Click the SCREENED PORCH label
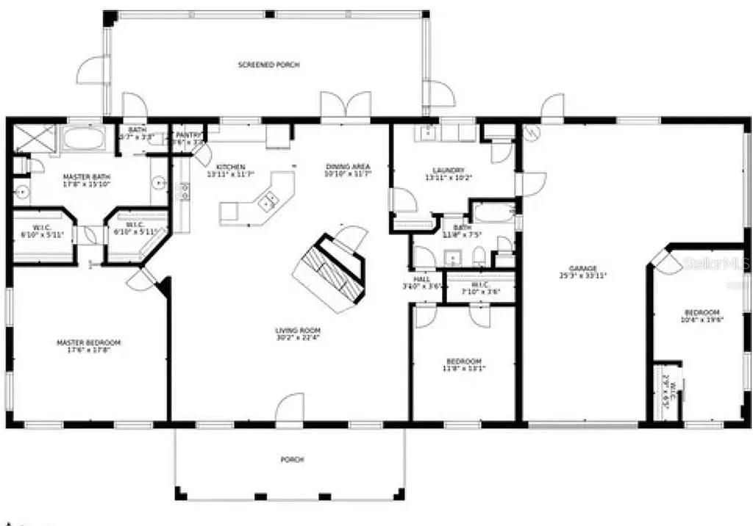point(268,65)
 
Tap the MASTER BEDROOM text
point(89,342)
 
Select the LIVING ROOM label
point(298,331)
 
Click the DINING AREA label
point(348,167)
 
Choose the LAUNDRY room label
point(449,170)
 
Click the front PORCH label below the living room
point(292,460)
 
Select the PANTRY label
point(188,135)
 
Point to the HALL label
point(421,278)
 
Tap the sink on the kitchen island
point(268,198)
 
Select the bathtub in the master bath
point(88,138)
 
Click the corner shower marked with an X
point(35,138)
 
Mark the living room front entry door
point(290,410)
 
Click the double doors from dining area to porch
point(346,107)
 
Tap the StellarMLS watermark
point(716,262)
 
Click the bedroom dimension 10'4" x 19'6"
point(700,320)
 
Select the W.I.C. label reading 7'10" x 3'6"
point(481,291)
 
